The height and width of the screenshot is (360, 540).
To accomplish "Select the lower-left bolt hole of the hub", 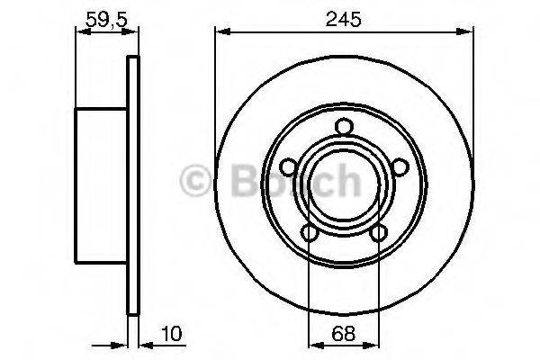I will pyautogui.click(x=310, y=233).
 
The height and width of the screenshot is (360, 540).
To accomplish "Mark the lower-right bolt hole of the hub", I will pyautogui.click(x=378, y=233).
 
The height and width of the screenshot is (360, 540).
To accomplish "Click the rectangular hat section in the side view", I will pyautogui.click(x=103, y=185).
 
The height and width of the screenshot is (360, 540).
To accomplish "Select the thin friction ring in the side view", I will pyautogui.click(x=134, y=185).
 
